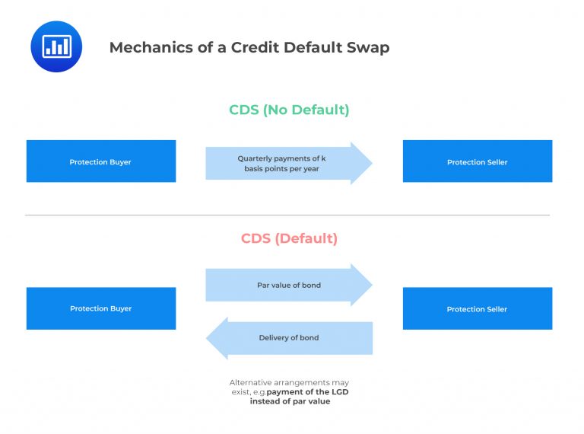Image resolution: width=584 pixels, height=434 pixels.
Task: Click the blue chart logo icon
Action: pyautogui.click(x=56, y=46)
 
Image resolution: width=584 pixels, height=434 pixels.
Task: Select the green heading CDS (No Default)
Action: pyautogui.click(x=289, y=110)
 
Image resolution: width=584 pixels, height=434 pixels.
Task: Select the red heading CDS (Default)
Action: pyautogui.click(x=289, y=238)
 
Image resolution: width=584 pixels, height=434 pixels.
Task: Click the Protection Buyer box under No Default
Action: pyautogui.click(x=100, y=161)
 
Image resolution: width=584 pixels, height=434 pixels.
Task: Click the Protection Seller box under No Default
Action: pyautogui.click(x=477, y=161)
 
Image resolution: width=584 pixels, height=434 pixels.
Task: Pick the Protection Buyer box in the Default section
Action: pyautogui.click(x=100, y=308)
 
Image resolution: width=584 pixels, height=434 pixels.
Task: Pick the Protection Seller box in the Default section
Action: pyautogui.click(x=477, y=308)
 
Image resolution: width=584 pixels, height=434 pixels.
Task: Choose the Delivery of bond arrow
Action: pyautogui.click(x=289, y=338)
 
